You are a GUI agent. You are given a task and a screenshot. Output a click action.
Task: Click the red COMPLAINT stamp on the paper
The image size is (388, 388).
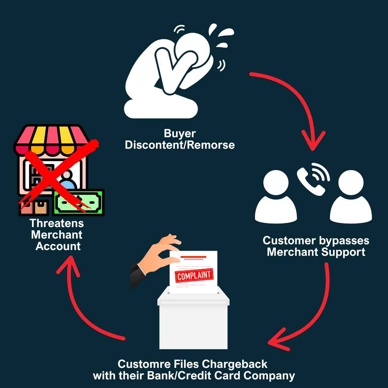pyautogui.click(x=194, y=276)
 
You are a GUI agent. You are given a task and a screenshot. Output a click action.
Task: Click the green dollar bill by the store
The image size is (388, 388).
pyautogui.click(x=78, y=202)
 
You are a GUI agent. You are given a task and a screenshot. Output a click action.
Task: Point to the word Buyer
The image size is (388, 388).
pyautogui.click(x=180, y=134)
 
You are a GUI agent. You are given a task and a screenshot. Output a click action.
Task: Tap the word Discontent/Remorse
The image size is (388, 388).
pyautogui.click(x=180, y=145)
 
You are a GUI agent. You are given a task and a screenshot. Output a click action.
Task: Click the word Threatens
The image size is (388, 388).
pyautogui.click(x=57, y=223)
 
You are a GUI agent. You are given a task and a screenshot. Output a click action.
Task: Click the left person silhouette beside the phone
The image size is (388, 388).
pyautogui.click(x=276, y=197)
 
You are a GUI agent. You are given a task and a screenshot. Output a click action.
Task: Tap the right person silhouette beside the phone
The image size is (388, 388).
pyautogui.click(x=351, y=197)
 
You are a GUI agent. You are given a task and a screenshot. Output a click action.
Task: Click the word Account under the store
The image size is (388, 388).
pyautogui.click(x=58, y=246)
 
